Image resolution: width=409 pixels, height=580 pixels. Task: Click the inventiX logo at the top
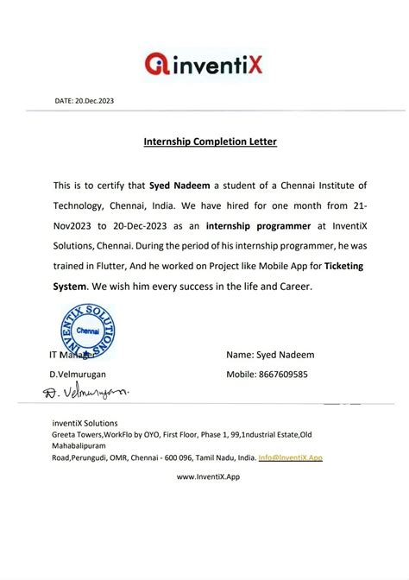click(x=204, y=62)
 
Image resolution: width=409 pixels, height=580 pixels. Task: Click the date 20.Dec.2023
click(x=85, y=101)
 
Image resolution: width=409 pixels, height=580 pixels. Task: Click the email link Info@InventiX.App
click(x=290, y=457)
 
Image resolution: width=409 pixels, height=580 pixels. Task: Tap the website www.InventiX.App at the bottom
click(x=208, y=476)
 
